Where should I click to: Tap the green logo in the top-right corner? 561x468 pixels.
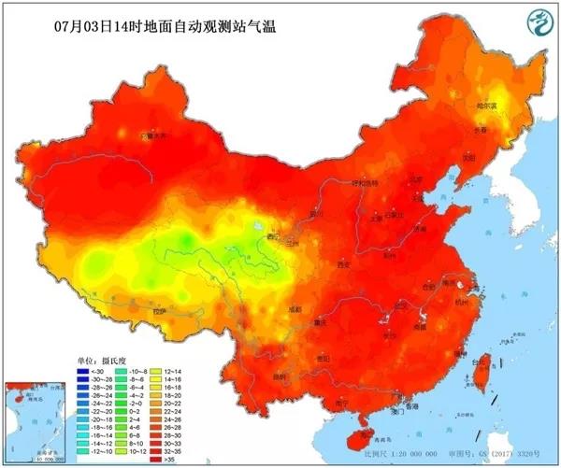click(x=538, y=21)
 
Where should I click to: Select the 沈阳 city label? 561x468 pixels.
click(x=459, y=158)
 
